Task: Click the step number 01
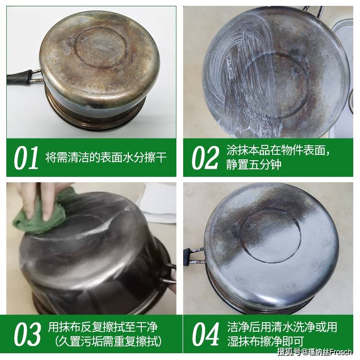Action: pos(26,158)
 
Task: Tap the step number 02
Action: pos(205,158)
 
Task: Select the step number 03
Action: pos(27,334)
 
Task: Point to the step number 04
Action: pos(206,334)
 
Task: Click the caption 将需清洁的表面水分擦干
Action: pos(106,157)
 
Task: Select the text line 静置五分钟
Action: pos(254,165)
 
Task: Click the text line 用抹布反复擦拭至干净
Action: pos(103,327)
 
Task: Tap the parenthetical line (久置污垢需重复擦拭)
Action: pos(108,341)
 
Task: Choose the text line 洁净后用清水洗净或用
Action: pos(282,327)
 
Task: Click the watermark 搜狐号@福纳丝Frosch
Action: pos(315,352)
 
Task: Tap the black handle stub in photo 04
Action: pos(188,256)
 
